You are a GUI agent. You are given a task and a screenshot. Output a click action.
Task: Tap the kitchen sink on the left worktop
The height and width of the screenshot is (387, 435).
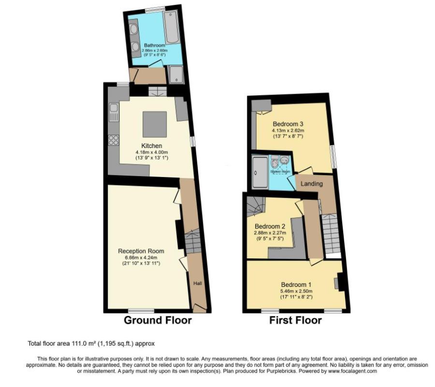click(114, 112)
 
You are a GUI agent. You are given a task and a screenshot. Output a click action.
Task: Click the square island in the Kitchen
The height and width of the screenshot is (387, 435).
click(155, 124)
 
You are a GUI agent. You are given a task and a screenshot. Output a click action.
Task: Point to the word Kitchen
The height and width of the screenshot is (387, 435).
click(151, 146)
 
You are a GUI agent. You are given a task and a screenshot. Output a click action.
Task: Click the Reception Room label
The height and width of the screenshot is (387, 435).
click(141, 251)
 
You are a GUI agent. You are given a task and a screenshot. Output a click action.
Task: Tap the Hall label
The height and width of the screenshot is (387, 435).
click(198, 283)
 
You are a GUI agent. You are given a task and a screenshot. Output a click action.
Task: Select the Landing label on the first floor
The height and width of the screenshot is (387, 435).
click(312, 184)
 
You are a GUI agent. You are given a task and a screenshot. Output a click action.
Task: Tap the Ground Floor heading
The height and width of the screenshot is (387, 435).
click(158, 320)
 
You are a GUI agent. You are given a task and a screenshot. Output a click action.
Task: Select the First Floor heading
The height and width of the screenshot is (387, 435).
click(296, 320)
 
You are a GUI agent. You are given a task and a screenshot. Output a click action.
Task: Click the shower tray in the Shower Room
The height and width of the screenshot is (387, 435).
click(260, 173)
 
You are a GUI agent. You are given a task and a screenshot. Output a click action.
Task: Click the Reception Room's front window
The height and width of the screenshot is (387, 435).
click(141, 310)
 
